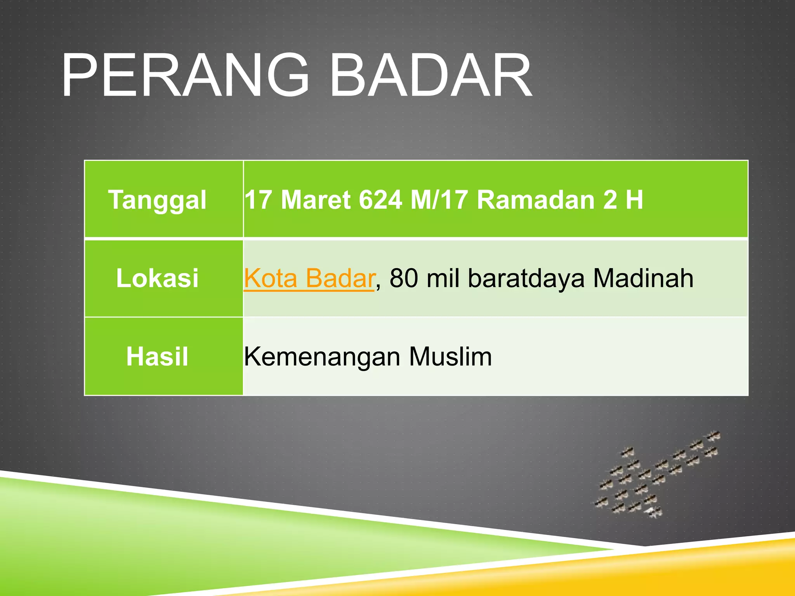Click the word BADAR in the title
tap(431, 76)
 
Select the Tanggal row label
tap(157, 200)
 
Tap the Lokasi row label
tap(157, 278)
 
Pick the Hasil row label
tap(157, 357)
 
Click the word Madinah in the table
tap(643, 278)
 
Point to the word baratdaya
tap(526, 278)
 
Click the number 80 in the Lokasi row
tap(404, 278)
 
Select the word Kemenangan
tap(322, 357)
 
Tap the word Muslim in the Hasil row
tap(450, 357)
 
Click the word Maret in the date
tap(316, 200)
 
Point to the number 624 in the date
tap(380, 200)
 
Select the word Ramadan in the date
tap(536, 200)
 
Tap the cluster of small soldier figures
tap(656, 475)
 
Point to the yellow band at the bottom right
tap(699, 570)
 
